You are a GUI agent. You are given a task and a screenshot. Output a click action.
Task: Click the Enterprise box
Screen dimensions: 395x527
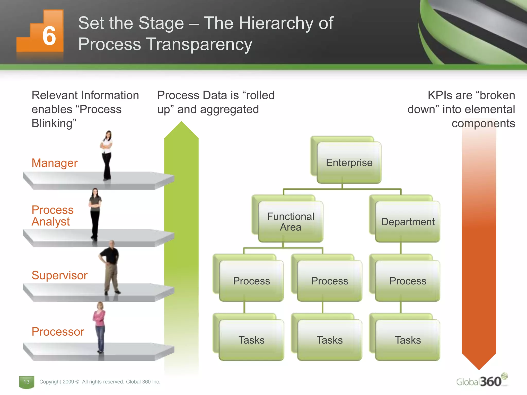click(x=349, y=163)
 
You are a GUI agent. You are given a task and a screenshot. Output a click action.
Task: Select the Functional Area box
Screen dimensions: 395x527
click(x=291, y=222)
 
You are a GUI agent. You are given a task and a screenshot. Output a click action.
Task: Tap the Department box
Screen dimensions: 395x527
click(x=408, y=222)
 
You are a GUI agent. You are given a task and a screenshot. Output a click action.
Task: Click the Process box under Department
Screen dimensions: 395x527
click(x=408, y=281)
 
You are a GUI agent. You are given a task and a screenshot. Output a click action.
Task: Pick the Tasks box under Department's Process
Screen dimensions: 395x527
click(x=408, y=340)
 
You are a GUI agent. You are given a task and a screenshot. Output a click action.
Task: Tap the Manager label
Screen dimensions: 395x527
click(x=55, y=163)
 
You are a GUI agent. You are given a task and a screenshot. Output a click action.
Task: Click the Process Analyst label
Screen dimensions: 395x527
click(x=52, y=216)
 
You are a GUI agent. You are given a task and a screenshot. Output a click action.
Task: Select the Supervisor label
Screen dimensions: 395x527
click(x=59, y=275)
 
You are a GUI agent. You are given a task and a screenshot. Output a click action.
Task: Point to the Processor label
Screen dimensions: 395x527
click(x=58, y=332)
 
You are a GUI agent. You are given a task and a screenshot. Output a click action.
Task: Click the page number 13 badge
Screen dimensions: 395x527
click(x=27, y=382)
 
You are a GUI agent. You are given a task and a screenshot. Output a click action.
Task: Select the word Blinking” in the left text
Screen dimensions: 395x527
click(x=54, y=123)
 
